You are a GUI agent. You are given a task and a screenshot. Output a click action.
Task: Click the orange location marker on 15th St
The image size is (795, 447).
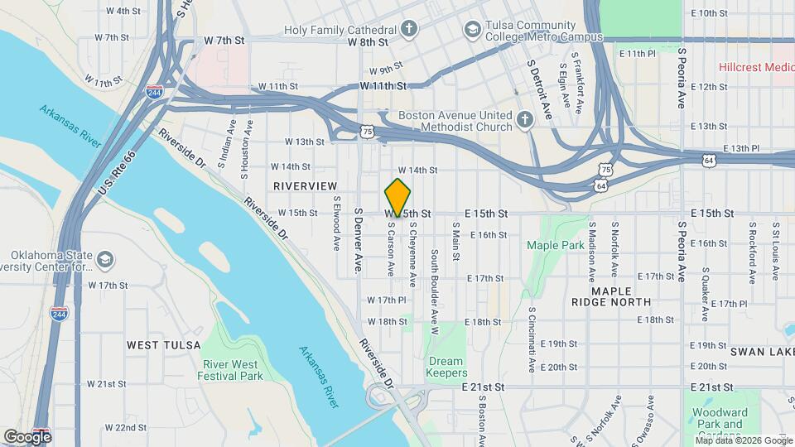pos(398,198)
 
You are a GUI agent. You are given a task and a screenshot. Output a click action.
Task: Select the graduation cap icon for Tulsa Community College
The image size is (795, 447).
pos(472,30)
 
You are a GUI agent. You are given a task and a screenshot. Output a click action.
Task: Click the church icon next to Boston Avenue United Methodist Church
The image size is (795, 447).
pos(523,121)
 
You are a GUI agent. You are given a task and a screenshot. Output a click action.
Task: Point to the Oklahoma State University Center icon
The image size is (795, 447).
pos(104,260)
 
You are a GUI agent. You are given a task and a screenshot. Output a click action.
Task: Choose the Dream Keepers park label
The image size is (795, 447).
pos(447,367)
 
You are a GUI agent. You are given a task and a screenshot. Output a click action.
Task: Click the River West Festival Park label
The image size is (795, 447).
pos(230,368)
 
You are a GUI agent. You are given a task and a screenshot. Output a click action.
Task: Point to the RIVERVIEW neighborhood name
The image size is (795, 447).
pos(306,186)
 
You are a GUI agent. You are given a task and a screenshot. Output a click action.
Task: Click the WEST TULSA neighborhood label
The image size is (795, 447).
pos(163,344)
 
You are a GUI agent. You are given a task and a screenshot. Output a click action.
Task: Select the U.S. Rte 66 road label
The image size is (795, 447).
pos(117,175)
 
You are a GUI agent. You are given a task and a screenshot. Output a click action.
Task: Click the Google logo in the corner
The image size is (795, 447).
pos(27,436)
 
